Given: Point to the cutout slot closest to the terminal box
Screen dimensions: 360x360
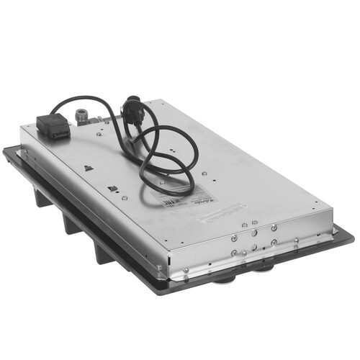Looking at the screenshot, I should [x=86, y=168].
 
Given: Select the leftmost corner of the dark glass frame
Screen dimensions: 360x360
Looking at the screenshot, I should [x=3, y=152].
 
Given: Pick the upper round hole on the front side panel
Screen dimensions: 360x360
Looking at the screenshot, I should [x=253, y=234].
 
